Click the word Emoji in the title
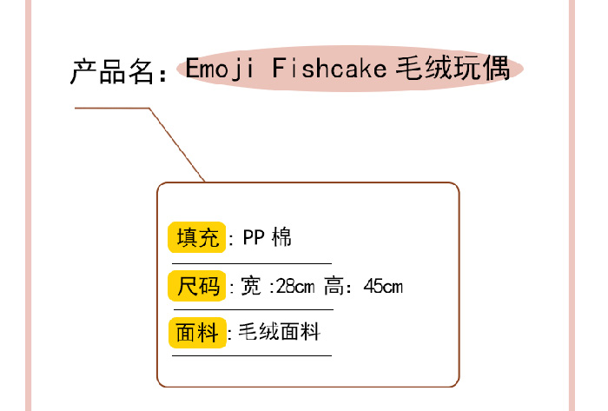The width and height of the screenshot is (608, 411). coord(220,69)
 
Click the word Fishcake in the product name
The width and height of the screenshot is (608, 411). coord(329,68)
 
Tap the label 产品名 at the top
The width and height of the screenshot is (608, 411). coord(112,72)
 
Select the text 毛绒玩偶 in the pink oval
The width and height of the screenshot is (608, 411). coord(453,69)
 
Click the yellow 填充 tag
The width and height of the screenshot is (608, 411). coord(197,237)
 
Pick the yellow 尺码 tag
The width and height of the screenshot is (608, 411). coord(197,286)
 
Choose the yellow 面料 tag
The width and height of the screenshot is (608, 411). coord(197,333)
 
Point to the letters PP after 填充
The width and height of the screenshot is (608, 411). coord(254,237)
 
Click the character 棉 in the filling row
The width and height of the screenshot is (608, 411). coord(281,237)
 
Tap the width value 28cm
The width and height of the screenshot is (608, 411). coord(295,287)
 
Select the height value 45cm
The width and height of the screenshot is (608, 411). coord(383,287)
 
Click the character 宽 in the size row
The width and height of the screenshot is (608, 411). coord(251,287)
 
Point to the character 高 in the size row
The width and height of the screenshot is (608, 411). coord(334,286)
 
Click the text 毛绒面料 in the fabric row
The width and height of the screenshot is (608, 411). coord(279,332)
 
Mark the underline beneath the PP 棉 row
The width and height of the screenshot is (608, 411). coord(252,263)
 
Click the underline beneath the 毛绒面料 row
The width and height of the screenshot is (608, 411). coord(252,355)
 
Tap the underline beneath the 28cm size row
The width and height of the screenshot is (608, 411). coord(254,310)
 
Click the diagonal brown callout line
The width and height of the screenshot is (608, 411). coord(177,144)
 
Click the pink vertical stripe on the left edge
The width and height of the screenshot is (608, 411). coord(29,205)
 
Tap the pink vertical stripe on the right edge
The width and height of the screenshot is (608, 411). coord(572,205)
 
